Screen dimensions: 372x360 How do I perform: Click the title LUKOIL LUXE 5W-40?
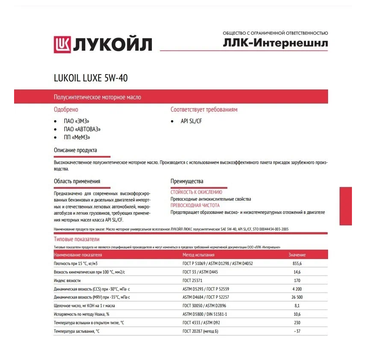tap(90, 78)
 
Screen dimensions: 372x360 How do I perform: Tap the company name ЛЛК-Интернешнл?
tap(275, 43)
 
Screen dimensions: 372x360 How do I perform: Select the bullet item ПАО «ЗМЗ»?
tap(77, 121)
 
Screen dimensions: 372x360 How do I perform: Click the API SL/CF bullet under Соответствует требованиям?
tap(191, 121)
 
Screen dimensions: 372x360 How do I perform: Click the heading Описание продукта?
tap(76, 150)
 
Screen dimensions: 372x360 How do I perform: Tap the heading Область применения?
tap(77, 181)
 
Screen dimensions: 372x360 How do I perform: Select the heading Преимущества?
tap(187, 181)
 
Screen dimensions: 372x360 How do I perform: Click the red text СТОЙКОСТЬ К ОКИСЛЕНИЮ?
tap(196, 192)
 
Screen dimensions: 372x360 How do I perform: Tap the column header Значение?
tap(297, 255)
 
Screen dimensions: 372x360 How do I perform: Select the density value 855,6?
tap(297, 264)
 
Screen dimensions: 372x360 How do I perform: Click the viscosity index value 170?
tap(297, 281)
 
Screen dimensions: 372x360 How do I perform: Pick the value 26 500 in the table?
tap(297, 297)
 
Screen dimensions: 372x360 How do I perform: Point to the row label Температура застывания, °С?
tap(76, 331)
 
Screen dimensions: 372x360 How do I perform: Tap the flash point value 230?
tap(297, 323)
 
